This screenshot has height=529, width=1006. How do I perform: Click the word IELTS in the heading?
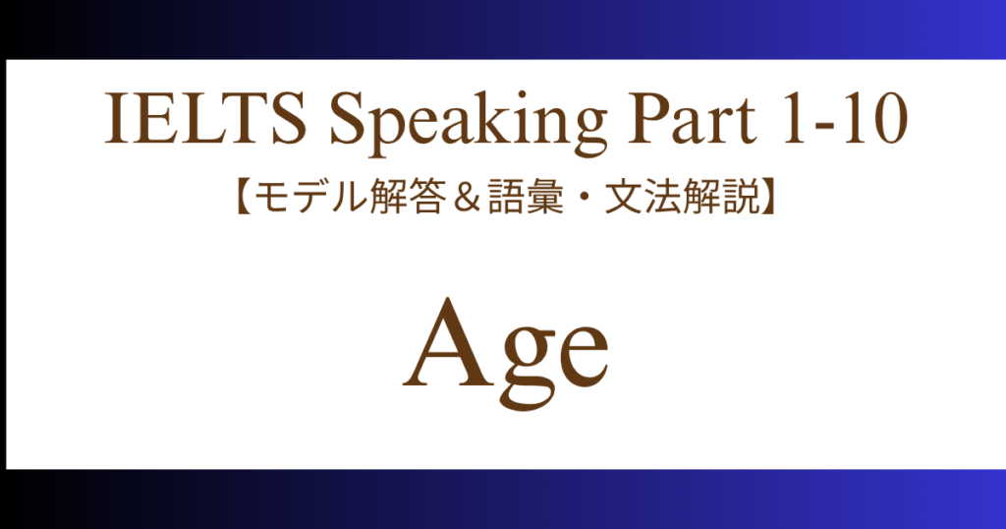pos(205,119)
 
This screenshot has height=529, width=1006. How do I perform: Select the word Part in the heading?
pos(692,119)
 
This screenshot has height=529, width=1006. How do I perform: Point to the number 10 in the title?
pos(874,119)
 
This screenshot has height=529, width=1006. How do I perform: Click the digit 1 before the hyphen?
pos(794,119)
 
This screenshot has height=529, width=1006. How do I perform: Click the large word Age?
pos(506,352)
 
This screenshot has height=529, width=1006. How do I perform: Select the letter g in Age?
pos(526,367)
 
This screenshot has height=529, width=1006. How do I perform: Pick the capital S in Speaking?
pos(346,119)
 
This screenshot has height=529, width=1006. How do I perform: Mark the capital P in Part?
pos(648,119)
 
